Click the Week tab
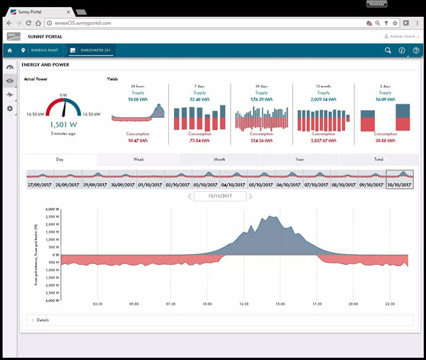pyautogui.click(x=138, y=160)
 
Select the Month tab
pyautogui.click(x=219, y=160)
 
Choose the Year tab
pyautogui.click(x=299, y=160)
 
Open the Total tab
pyautogui.click(x=378, y=160)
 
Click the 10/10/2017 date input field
pyautogui.click(x=219, y=196)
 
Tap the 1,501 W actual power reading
pyautogui.click(x=64, y=124)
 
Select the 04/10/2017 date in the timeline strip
pyautogui.click(x=234, y=184)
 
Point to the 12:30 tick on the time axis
pyautogui.click(x=244, y=303)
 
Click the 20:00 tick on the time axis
pyautogui.click(x=353, y=303)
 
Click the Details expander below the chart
pyautogui.click(x=43, y=320)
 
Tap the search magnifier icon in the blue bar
pyautogui.click(x=388, y=50)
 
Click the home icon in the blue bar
pyautogui.click(x=10, y=50)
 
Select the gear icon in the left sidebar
pyautogui.click(x=10, y=109)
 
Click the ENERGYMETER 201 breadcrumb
pyautogui.click(x=94, y=50)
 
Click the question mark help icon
pyautogui.click(x=416, y=50)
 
